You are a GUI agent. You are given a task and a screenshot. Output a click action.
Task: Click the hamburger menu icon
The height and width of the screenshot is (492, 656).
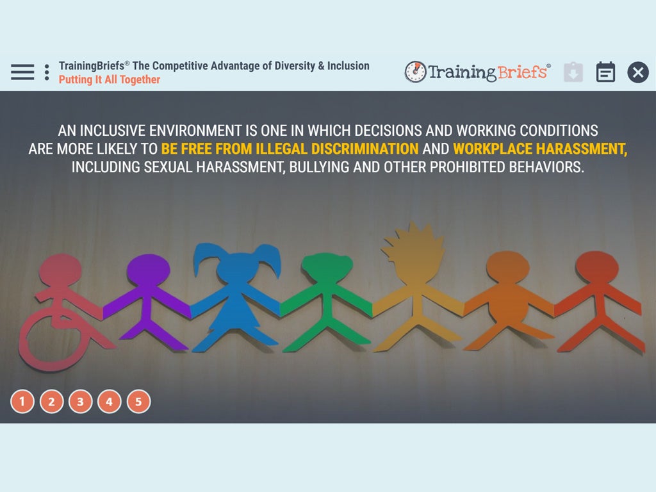pos(22,72)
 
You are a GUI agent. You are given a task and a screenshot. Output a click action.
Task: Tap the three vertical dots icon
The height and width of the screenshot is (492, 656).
pos(47,72)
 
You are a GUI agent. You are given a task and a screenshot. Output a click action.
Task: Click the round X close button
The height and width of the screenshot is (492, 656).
pos(638,72)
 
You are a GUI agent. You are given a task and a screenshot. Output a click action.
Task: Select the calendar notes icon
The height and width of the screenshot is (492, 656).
pos(605,72)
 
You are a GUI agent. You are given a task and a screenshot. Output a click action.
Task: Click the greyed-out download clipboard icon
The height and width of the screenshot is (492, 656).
pos(573,72)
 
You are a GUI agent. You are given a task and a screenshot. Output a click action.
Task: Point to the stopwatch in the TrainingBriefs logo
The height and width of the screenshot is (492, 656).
pos(415,72)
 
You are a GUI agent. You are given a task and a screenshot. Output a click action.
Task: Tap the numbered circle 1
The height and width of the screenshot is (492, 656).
pos(22,402)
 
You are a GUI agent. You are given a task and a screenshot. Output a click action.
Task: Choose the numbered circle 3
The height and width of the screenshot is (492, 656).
pos(80,402)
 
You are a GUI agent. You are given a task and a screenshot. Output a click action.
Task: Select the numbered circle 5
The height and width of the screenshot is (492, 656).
pos(138,402)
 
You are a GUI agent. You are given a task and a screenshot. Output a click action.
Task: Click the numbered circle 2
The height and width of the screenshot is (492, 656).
pos(51,402)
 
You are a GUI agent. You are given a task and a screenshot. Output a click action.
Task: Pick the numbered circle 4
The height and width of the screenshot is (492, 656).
pos(109,402)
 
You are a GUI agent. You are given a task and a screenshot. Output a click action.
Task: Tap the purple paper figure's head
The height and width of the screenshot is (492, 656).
pos(149,270)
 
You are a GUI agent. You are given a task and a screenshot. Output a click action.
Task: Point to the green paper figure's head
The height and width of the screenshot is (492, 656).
pos(327,268)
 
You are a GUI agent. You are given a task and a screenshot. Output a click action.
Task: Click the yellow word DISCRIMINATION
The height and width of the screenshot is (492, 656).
pos(365,149)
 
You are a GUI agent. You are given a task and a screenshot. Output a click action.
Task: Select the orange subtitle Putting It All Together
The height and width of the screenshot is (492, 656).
pos(109,79)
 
